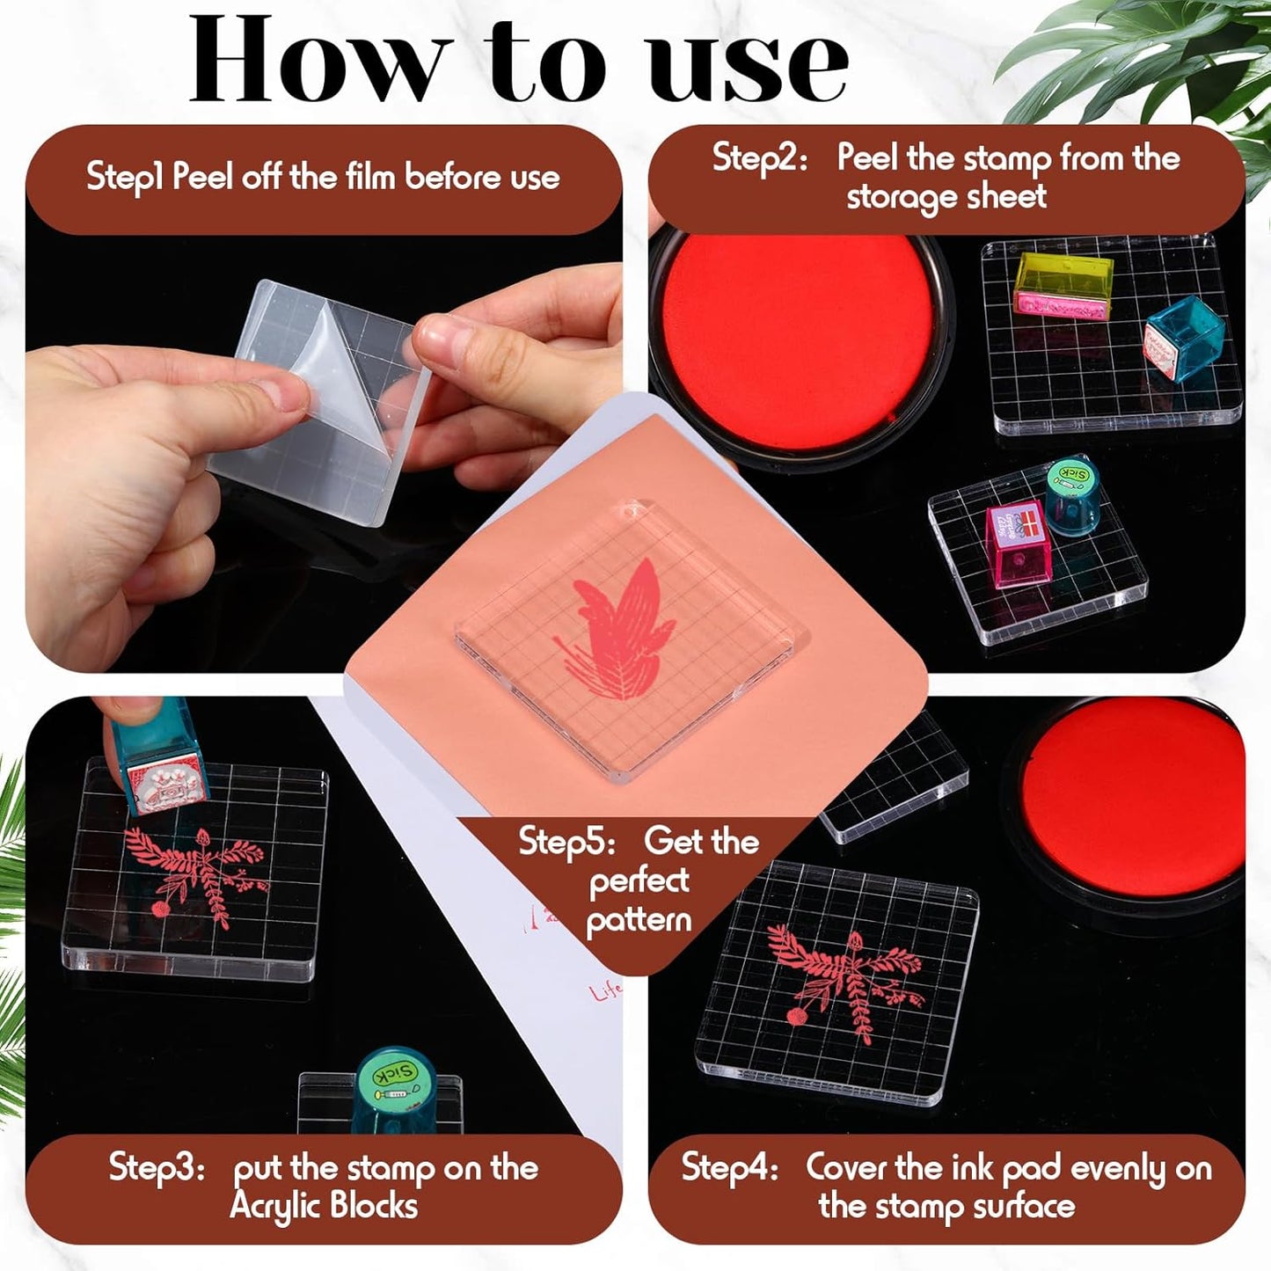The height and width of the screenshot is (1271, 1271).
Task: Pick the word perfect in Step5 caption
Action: pyautogui.click(x=639, y=881)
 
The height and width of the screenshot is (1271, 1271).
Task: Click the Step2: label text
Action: pyautogui.click(x=759, y=158)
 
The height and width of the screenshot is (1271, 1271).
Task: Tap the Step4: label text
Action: pyautogui.click(x=729, y=1168)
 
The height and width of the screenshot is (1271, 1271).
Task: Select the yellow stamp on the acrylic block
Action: pyautogui.click(x=1063, y=283)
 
